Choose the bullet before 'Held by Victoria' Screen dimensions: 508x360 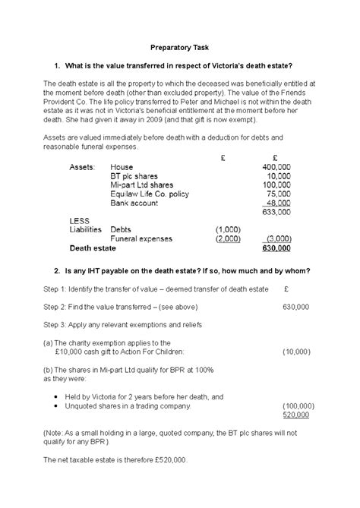(60, 397)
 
